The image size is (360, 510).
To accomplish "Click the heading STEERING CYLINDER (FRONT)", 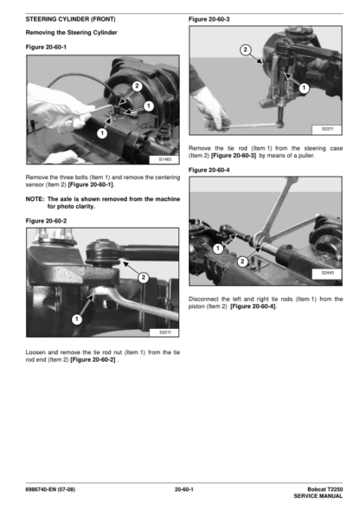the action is click(71, 19).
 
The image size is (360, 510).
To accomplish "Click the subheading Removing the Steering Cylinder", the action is click(71, 33).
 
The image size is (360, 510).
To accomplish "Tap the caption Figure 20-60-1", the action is click(46, 47).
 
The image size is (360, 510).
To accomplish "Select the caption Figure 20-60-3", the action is click(209, 19).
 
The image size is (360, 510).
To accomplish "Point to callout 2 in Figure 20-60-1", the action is click(137, 86).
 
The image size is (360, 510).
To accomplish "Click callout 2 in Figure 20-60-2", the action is click(143, 277).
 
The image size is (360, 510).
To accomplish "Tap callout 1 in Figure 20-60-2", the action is click(77, 320).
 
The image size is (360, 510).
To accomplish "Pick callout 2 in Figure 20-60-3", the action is click(246, 49).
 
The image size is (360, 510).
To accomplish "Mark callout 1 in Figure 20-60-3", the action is click(304, 87).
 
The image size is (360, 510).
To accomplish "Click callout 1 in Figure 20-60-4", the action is click(218, 249).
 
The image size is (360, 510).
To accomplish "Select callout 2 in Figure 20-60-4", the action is click(242, 261).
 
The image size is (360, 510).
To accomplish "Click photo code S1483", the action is click(165, 159).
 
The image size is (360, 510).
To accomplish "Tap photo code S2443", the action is click(327, 273).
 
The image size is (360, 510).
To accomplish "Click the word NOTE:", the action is click(35, 199).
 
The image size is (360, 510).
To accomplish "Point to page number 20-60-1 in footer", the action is click(183, 489).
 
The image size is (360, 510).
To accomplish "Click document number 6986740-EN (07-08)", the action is click(50, 489).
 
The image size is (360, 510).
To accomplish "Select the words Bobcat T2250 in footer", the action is click(325, 489).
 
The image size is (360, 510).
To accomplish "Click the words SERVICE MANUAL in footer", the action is click(318, 496).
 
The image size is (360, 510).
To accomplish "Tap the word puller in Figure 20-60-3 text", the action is click(306, 156).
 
